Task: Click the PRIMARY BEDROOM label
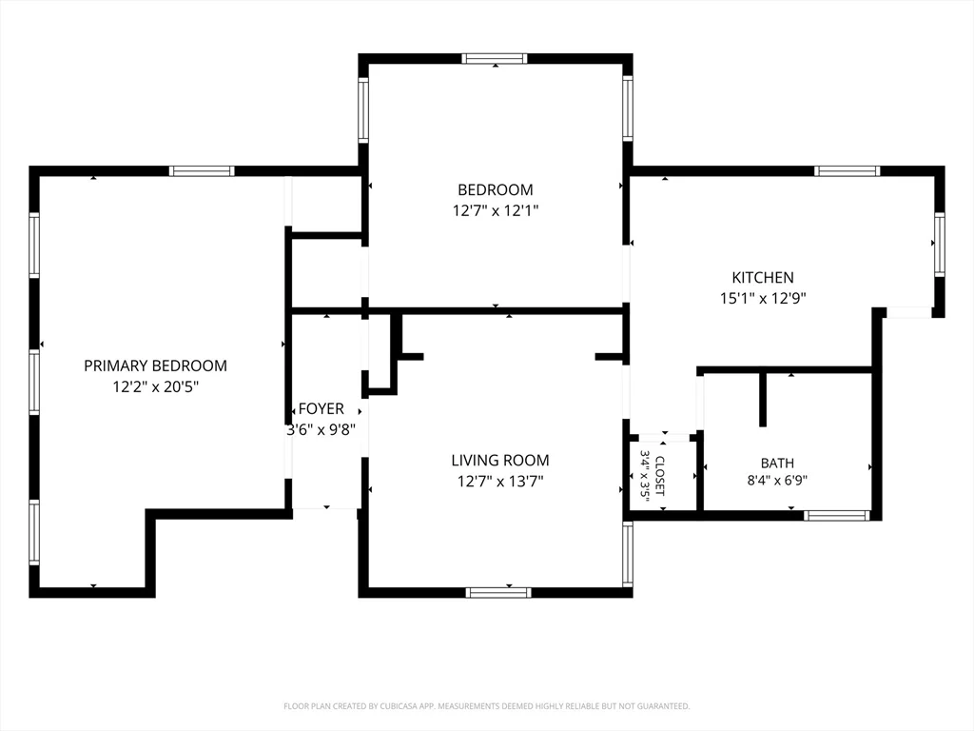[x=155, y=365]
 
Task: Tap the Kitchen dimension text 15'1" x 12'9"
[x=763, y=298]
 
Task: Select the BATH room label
[x=777, y=464]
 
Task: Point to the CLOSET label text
[x=660, y=476]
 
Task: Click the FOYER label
[x=321, y=408]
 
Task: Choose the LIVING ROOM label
[x=500, y=461]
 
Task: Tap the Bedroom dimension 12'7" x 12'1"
[x=495, y=210]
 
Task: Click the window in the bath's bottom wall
[x=836, y=515]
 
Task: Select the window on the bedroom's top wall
[x=495, y=59]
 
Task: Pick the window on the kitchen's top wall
[x=847, y=171]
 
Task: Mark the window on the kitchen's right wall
[x=940, y=245]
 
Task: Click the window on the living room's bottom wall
[x=498, y=592]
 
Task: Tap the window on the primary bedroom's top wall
[x=202, y=171]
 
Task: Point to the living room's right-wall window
[x=628, y=554]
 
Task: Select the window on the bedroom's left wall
[x=363, y=110]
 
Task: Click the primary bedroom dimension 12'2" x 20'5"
[x=155, y=387]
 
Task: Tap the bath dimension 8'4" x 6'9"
[x=777, y=480]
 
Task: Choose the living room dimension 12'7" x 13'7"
[x=500, y=481]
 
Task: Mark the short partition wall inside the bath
[x=763, y=401]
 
